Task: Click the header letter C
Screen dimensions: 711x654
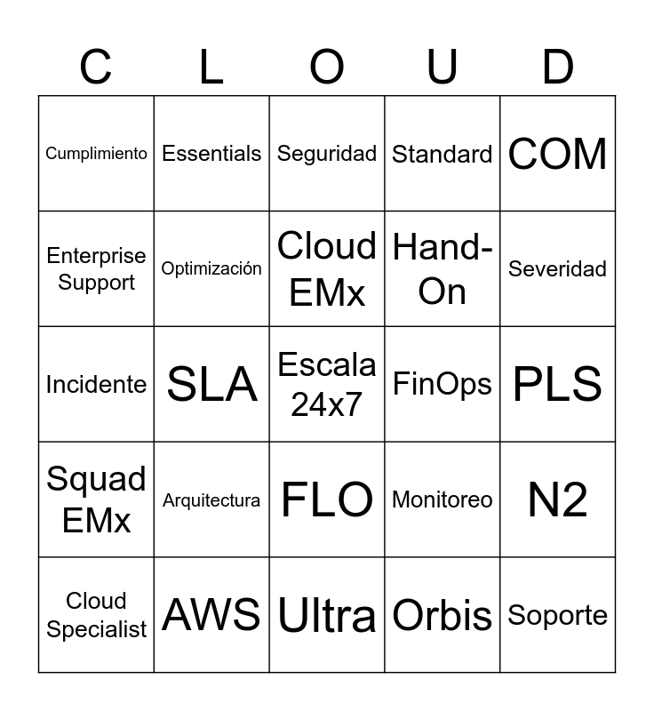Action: [96, 67]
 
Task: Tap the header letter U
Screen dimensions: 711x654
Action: [442, 67]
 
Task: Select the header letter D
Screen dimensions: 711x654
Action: [557, 67]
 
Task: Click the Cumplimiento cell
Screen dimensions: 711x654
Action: [96, 154]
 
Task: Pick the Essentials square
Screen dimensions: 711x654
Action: [211, 154]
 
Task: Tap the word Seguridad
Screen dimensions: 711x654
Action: [327, 154]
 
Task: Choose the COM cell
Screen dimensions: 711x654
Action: [557, 154]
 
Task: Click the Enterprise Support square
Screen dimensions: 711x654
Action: [96, 268]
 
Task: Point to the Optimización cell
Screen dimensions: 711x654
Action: [211, 268]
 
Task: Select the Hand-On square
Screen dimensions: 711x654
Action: [442, 268]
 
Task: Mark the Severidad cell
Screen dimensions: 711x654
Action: [557, 268]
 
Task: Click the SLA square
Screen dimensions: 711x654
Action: [211, 384]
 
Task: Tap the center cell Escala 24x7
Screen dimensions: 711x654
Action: [327, 384]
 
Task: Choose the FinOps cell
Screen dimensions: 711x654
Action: [442, 384]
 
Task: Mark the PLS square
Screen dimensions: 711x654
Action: [557, 384]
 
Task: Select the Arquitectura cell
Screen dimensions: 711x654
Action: [211, 500]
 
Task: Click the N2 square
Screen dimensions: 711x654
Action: [557, 499]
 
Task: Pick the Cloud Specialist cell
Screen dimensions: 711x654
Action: [96, 615]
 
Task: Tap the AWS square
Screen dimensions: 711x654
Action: [211, 615]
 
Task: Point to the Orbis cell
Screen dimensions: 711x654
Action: [442, 615]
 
